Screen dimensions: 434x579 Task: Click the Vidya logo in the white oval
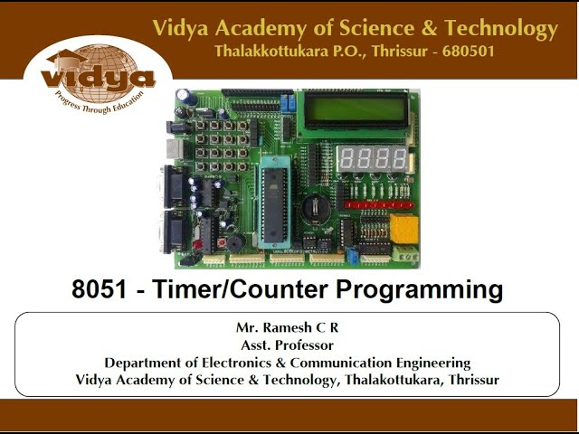click(97, 79)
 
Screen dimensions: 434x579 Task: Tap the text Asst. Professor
click(287, 344)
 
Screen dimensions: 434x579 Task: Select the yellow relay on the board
click(404, 230)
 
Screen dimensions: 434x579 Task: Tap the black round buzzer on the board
click(233, 245)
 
